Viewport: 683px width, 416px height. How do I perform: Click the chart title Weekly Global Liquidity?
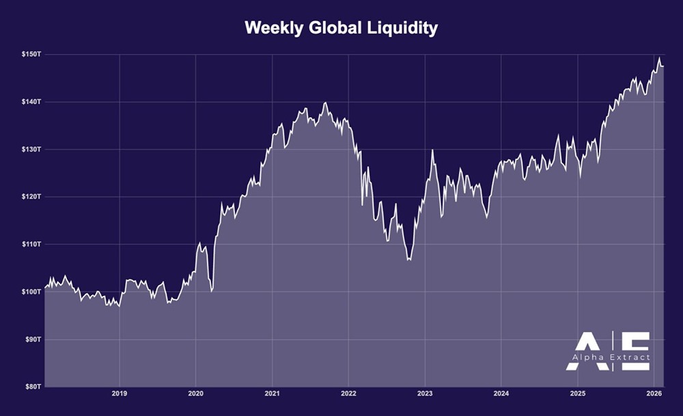point(341,29)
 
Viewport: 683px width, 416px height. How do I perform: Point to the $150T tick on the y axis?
point(32,54)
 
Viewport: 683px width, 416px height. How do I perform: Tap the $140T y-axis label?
point(32,102)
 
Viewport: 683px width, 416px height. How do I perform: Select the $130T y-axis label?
point(32,149)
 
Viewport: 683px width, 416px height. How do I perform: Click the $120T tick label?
point(32,197)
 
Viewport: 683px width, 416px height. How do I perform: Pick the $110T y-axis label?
point(32,244)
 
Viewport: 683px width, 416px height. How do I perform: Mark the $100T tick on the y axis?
point(32,292)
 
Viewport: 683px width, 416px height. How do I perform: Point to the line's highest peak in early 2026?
point(659,58)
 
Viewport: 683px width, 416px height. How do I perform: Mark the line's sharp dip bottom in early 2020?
point(212,291)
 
